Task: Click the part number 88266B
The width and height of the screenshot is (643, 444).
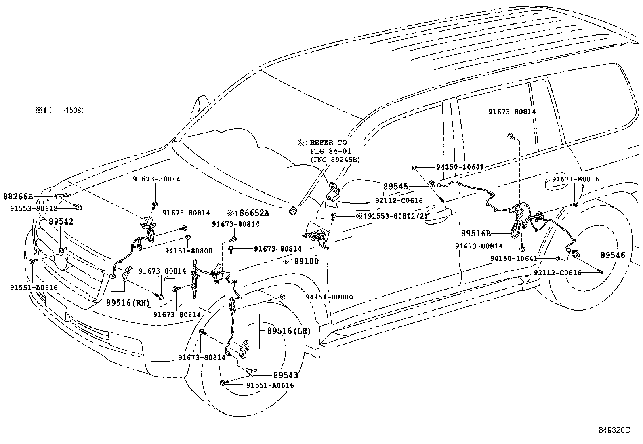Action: click(18, 196)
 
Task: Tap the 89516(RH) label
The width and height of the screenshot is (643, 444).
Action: click(128, 303)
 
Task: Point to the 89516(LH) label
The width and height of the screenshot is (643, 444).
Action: click(288, 331)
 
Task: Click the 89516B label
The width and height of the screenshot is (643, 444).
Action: click(476, 233)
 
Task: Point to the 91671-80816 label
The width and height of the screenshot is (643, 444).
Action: click(576, 179)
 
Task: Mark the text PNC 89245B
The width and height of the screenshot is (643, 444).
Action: click(334, 160)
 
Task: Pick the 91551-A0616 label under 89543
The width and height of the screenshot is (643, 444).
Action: click(270, 385)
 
